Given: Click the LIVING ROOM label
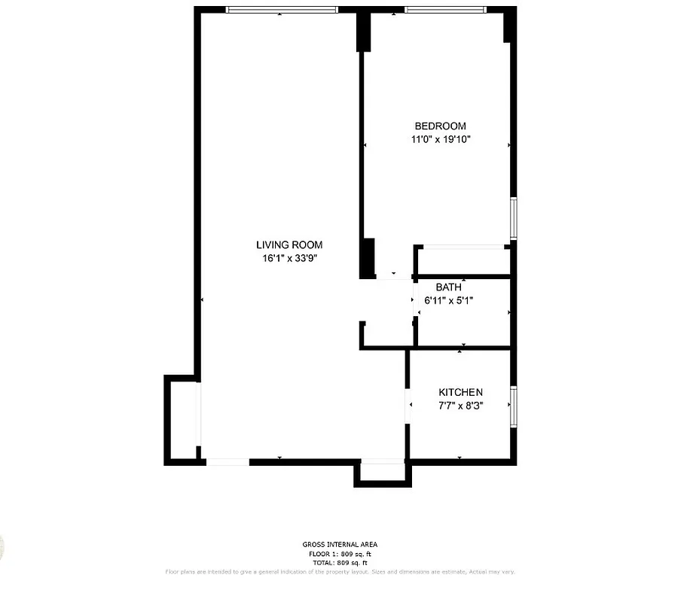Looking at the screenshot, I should pyautogui.click(x=289, y=245).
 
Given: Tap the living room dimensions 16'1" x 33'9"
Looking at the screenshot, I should pyautogui.click(x=289, y=258).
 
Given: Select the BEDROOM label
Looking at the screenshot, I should pyautogui.click(x=440, y=126).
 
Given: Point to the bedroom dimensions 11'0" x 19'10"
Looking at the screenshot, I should pyautogui.click(x=440, y=139).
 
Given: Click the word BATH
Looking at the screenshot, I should pyautogui.click(x=449, y=287).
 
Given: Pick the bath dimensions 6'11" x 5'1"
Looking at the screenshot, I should pyautogui.click(x=449, y=300).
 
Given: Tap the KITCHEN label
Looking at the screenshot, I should pyautogui.click(x=460, y=392).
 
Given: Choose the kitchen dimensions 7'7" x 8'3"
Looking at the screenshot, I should pyautogui.click(x=460, y=405).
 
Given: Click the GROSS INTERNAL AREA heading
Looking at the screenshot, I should pyautogui.click(x=340, y=544).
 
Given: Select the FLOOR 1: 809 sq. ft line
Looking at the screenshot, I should pyautogui.click(x=340, y=554).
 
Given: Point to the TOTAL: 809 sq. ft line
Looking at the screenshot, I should pyautogui.click(x=340, y=563).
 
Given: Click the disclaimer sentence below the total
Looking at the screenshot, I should pyautogui.click(x=340, y=572).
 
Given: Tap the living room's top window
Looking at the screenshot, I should pyautogui.click(x=282, y=10).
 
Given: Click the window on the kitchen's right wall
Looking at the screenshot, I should pyautogui.click(x=513, y=407).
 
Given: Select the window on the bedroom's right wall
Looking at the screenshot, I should pyautogui.click(x=513, y=218).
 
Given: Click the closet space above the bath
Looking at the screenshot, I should pyautogui.click(x=463, y=261).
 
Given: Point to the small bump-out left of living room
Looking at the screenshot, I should pyautogui.click(x=182, y=420).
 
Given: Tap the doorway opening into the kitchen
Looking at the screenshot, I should pyautogui.click(x=408, y=406).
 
